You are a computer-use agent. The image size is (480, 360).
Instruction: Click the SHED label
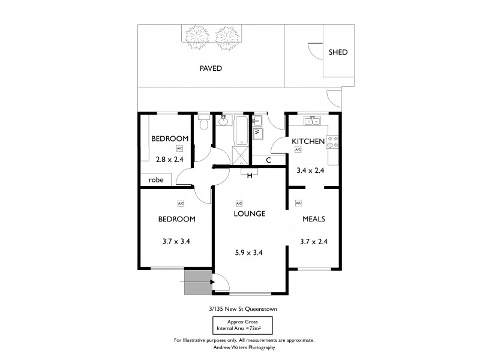[338, 52]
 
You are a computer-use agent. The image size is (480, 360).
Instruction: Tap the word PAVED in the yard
[211, 68]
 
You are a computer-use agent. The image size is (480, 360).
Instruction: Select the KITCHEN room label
[308, 142]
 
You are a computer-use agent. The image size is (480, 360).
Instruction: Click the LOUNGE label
[250, 214]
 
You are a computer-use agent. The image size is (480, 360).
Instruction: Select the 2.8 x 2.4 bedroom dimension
[169, 160]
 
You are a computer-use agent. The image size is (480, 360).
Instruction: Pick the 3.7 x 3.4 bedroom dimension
[176, 242]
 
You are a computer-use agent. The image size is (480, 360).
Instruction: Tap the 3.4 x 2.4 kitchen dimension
[311, 170]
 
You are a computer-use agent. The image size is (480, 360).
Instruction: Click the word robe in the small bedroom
[156, 179]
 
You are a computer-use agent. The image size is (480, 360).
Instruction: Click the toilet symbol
[204, 123]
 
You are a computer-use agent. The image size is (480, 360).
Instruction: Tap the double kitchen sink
[312, 121]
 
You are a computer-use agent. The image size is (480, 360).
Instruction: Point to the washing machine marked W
[257, 131]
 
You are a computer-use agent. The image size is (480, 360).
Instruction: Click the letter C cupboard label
[268, 160]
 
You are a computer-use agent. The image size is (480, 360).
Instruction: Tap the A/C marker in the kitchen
[298, 151]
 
